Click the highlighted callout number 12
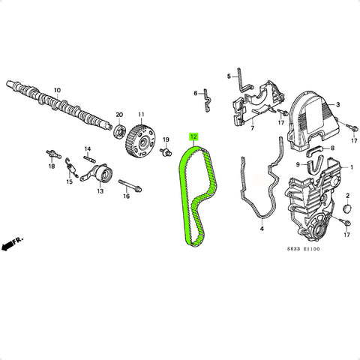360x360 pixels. tap(194, 136)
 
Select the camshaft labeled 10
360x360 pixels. tap(58, 106)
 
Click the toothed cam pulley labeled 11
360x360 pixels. tap(142, 141)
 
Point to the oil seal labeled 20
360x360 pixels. tap(119, 130)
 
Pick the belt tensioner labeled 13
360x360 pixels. tap(97, 173)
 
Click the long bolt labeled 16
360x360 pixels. tap(130, 186)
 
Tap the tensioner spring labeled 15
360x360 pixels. tap(71, 168)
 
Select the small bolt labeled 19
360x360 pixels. tap(166, 151)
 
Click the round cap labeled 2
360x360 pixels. tap(347, 208)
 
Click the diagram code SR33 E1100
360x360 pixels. tap(303, 249)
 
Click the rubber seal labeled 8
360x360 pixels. tap(315, 151)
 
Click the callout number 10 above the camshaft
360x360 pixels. tap(57, 90)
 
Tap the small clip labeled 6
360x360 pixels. tap(208, 100)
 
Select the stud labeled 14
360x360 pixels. tap(89, 158)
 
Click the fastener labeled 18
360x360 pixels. tap(53, 154)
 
